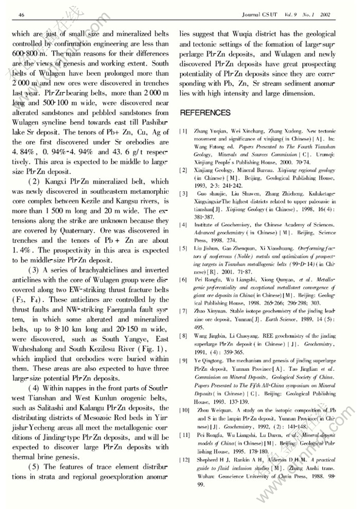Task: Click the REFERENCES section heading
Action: (x=205, y=113)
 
